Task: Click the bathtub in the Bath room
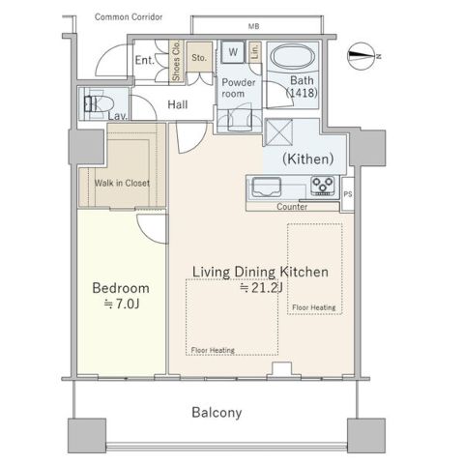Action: [x=293, y=57]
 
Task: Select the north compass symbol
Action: [x=363, y=56]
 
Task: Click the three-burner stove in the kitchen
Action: [x=323, y=186]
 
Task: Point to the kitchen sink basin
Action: [x=266, y=187]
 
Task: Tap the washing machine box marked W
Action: [x=233, y=52]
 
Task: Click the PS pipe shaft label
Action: [x=348, y=194]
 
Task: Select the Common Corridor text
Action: [x=129, y=17]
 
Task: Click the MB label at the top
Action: [x=253, y=26]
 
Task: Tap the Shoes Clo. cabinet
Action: [x=176, y=61]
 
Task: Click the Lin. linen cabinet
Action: [x=254, y=51]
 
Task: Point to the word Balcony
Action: [x=217, y=413]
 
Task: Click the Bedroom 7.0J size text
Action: [x=122, y=304]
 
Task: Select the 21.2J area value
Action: [x=261, y=288]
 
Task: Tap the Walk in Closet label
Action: [x=122, y=183]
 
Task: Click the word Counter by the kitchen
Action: [x=292, y=207]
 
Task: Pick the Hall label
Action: [x=178, y=104]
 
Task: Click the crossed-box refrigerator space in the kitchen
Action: [x=278, y=132]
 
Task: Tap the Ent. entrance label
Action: [x=145, y=60]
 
